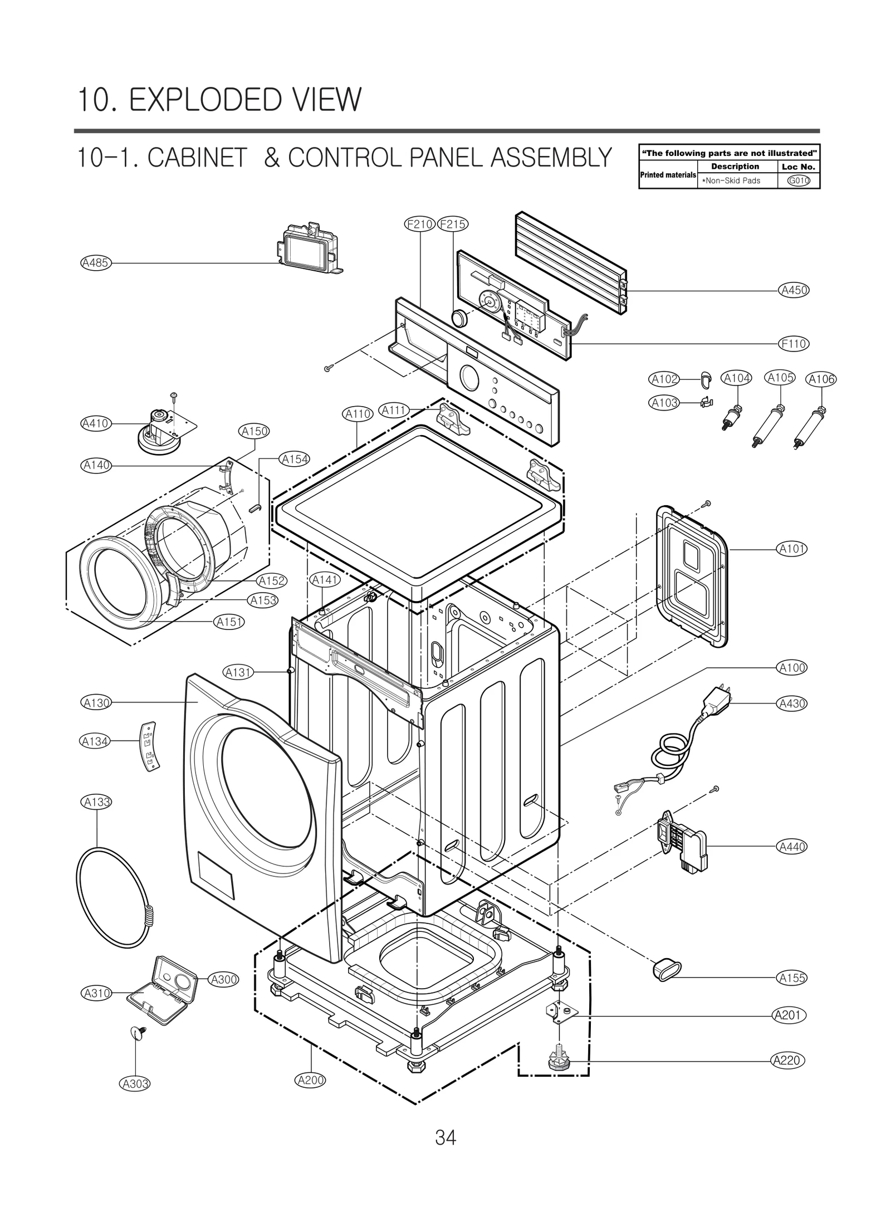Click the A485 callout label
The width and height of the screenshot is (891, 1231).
pyautogui.click(x=96, y=263)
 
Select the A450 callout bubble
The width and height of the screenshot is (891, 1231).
pyautogui.click(x=794, y=290)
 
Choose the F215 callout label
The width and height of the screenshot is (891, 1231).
pyautogui.click(x=452, y=224)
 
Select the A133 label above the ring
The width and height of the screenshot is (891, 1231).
pyautogui.click(x=96, y=802)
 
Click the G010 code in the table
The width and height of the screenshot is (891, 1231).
pyautogui.click(x=798, y=180)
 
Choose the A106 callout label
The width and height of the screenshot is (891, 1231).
pyautogui.click(x=821, y=379)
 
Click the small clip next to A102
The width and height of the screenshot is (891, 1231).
pyautogui.click(x=706, y=380)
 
